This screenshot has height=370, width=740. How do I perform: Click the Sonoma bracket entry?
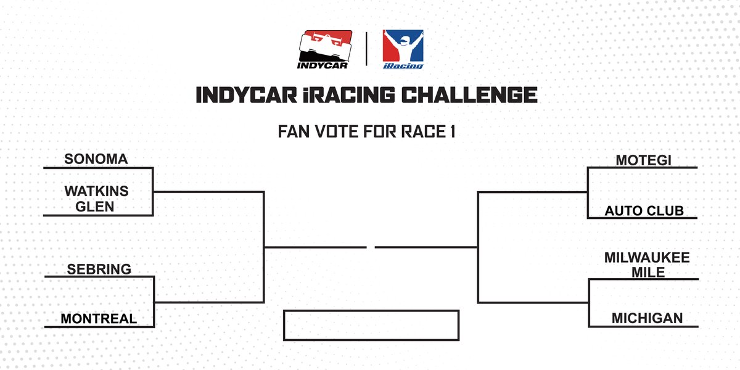[96, 159]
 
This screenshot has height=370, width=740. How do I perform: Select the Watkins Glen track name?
[96, 199]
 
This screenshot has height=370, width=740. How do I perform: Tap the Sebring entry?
[99, 269]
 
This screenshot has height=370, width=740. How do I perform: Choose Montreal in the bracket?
[99, 319]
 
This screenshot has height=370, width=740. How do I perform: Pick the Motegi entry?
[643, 160]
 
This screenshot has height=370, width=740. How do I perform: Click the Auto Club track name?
[644, 211]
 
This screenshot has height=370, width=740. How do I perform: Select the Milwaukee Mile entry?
[646, 264]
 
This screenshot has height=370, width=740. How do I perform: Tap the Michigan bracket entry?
[647, 318]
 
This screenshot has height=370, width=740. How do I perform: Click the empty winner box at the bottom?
[371, 325]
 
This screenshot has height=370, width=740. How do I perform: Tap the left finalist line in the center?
[316, 247]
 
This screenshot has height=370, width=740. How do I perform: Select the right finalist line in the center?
[425, 247]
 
